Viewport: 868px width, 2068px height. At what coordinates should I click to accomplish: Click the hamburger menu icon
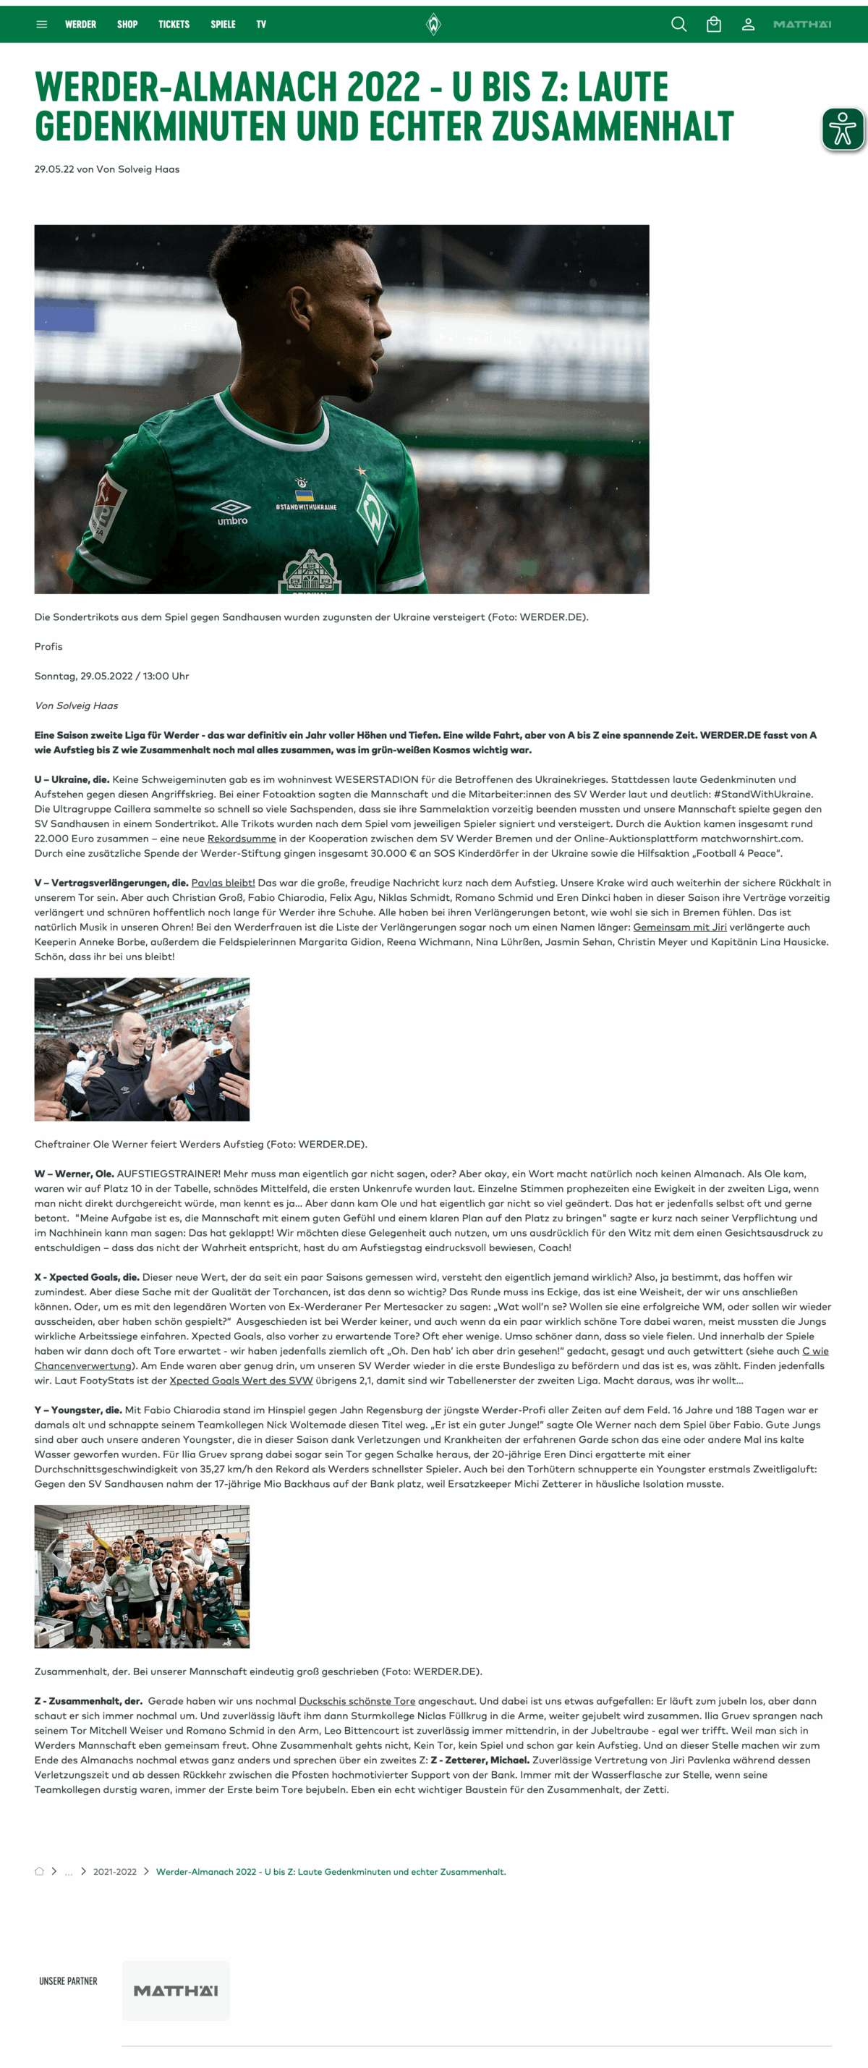click(x=42, y=25)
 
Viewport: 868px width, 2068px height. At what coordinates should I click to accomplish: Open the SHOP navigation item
click(x=127, y=25)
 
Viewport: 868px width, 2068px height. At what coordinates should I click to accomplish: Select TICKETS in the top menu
click(x=174, y=25)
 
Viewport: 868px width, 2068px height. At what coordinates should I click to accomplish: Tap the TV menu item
click(x=260, y=25)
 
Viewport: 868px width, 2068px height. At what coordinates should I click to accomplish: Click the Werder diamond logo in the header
click(x=433, y=24)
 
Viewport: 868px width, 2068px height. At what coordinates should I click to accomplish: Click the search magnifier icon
click(x=678, y=25)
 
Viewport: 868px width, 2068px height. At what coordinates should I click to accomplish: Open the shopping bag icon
click(x=713, y=25)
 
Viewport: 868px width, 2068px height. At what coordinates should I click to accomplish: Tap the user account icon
click(x=748, y=25)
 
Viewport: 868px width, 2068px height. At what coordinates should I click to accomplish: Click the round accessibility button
click(x=843, y=129)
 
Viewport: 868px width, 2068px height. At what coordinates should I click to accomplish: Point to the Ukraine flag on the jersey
click(x=305, y=494)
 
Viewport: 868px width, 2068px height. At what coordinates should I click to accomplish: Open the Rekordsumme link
click(x=242, y=838)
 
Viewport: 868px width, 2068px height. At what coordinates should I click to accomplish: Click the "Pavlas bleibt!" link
click(x=223, y=882)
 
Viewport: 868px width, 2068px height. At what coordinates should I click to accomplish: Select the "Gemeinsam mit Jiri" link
click(x=679, y=926)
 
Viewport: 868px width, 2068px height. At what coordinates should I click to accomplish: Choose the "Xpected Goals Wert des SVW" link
click(x=241, y=1380)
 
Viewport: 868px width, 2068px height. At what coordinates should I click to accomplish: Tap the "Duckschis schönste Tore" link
click(x=357, y=1700)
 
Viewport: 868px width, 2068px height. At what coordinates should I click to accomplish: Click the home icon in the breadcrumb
click(x=39, y=1871)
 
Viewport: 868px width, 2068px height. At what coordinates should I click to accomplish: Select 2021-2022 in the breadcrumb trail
click(x=115, y=1871)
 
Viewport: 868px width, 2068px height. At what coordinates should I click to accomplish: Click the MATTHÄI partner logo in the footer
click(x=176, y=1990)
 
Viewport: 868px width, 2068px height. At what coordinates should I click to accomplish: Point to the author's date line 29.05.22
click(x=107, y=169)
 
